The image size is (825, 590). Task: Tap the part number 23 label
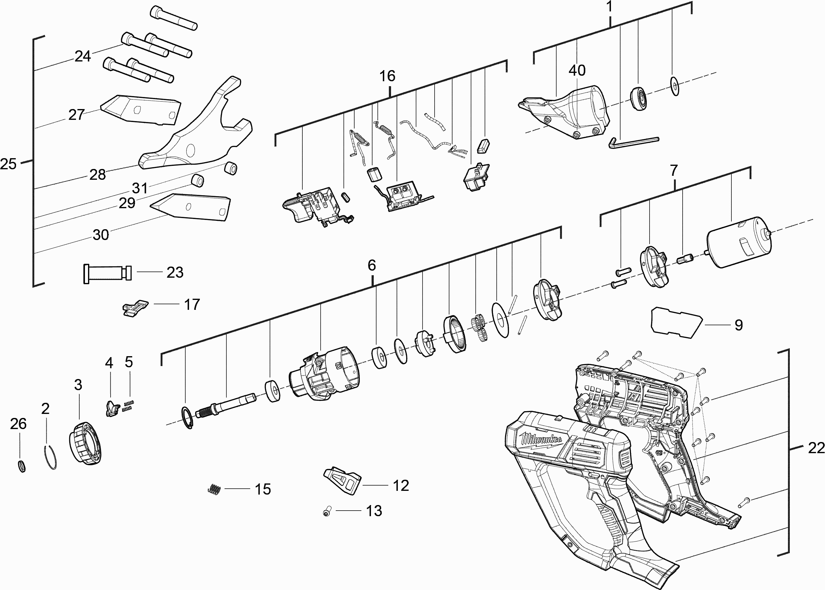(175, 272)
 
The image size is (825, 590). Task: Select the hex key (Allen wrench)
(634, 141)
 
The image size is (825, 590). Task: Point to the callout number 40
(577, 70)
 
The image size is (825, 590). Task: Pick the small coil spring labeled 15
(215, 489)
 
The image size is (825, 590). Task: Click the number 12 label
(401, 486)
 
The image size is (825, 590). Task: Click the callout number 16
(387, 76)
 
